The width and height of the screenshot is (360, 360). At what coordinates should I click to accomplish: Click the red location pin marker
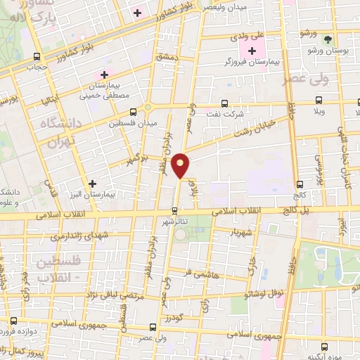pos(181,165)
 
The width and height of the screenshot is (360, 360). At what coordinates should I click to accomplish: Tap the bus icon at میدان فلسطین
pos(133,111)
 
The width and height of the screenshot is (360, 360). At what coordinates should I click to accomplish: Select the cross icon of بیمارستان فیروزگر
pos(252,50)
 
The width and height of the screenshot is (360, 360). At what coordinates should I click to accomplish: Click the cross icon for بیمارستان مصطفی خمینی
pos(104,74)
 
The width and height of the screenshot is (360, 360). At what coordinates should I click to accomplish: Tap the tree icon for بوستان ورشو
pos(328,37)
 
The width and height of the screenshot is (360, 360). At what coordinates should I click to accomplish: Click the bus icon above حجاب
pos(37,58)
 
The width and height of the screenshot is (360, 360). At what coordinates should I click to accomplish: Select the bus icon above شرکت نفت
pos(225,103)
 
